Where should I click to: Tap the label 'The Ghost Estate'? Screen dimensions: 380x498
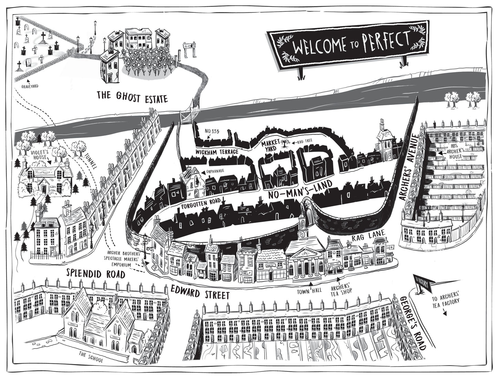(132, 98)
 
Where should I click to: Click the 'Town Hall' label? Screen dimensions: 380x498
(311, 290)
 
